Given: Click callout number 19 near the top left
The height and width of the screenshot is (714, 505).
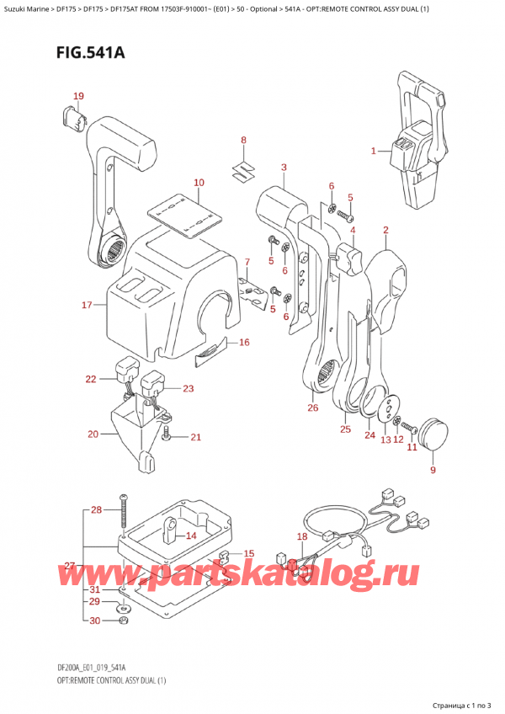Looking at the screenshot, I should tap(77, 96).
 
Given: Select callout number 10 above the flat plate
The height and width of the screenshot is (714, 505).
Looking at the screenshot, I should tap(199, 183).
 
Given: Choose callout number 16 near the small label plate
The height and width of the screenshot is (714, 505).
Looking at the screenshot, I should tap(244, 342).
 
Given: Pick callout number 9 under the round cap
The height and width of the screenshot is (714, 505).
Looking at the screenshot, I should tap(433, 470).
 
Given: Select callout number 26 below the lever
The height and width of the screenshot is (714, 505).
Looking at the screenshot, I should tap(313, 408).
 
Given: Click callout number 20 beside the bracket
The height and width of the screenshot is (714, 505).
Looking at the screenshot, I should tap(93, 434).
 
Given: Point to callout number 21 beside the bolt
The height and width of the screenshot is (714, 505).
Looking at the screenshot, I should tap(196, 437).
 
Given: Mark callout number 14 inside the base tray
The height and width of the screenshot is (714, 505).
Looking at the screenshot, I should tap(191, 535).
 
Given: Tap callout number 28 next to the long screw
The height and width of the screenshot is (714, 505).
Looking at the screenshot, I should tap(95, 510).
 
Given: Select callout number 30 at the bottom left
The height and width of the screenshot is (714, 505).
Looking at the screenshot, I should tap(95, 621).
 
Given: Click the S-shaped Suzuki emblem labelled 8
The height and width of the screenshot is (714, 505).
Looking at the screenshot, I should tap(242, 168).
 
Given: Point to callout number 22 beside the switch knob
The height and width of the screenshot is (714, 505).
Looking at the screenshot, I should tap(91, 380).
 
